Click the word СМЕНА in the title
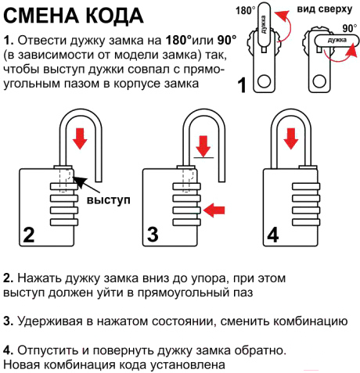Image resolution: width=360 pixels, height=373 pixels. click(x=41, y=16)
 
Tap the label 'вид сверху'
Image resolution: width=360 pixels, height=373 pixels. click(x=325, y=9)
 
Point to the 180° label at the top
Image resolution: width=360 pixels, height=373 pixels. click(x=246, y=11)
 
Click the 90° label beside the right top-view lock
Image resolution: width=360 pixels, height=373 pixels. click(x=350, y=28)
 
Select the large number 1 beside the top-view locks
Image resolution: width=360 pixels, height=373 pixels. click(x=243, y=84)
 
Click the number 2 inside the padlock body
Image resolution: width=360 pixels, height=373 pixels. click(x=29, y=235)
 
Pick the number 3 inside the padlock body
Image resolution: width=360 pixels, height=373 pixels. click(x=153, y=235)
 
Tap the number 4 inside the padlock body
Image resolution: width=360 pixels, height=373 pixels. click(x=273, y=235)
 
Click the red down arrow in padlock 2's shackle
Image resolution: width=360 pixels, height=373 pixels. click(x=80, y=138)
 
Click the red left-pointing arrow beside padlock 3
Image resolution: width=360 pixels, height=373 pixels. click(x=214, y=210)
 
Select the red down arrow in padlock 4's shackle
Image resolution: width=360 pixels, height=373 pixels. click(x=291, y=138)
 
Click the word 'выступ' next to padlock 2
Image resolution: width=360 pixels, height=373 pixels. click(x=108, y=200)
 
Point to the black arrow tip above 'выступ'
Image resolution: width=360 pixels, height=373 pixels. click(x=74, y=178)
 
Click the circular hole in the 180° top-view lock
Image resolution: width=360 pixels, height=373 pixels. click(x=264, y=81)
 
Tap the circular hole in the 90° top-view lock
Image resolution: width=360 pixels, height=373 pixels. click(x=319, y=81)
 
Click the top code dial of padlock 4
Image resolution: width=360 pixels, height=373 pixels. click(x=306, y=186)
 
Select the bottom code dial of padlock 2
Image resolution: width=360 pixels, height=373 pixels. click(x=64, y=222)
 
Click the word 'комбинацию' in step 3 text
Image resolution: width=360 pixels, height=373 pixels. click(x=310, y=321)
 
